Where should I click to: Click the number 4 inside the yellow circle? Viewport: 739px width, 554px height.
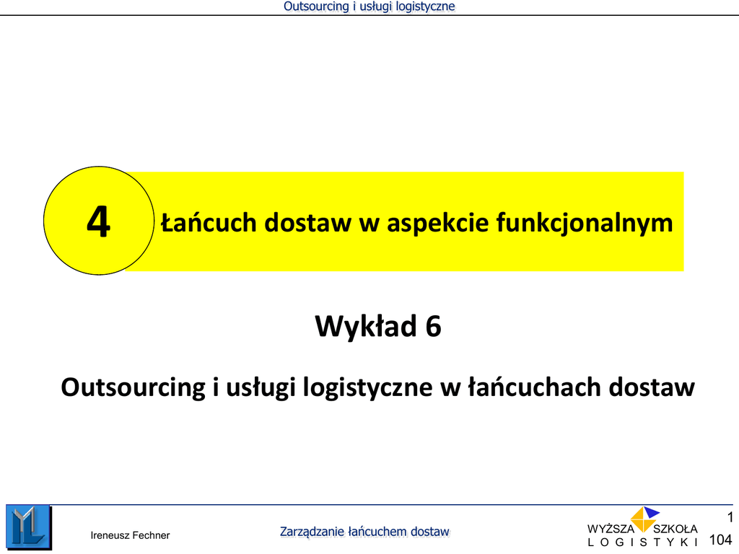(x=98, y=221)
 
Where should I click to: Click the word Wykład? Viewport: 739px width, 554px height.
(x=366, y=326)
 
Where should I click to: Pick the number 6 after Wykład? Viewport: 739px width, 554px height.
(x=433, y=326)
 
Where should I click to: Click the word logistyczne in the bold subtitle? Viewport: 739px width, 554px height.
(x=367, y=387)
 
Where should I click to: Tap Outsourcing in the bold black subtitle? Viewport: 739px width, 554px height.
(x=134, y=387)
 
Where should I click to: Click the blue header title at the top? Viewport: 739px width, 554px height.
(x=369, y=6)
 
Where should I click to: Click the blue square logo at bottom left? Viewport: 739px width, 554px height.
(x=28, y=527)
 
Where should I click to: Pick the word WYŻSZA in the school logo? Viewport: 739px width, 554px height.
(x=611, y=529)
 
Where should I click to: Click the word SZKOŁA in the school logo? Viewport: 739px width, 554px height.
(x=675, y=529)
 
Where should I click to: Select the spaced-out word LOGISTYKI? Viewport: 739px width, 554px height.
(x=643, y=542)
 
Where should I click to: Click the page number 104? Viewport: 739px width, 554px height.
(x=721, y=540)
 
